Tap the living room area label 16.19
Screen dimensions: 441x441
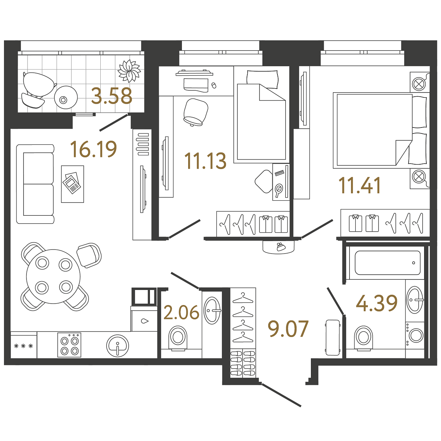click(x=93, y=149)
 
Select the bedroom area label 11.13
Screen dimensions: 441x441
click(x=205, y=161)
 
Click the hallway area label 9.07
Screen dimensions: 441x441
click(x=288, y=329)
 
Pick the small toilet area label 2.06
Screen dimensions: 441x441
click(x=181, y=313)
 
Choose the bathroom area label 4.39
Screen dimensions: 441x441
click(x=377, y=304)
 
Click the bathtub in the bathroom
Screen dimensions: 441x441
click(x=388, y=263)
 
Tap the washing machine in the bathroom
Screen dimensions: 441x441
click(x=415, y=335)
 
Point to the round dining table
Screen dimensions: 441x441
click(x=54, y=276)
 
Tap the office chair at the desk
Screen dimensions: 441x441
click(x=195, y=112)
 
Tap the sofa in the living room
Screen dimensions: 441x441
click(x=35, y=184)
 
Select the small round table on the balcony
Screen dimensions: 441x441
click(x=65, y=98)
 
